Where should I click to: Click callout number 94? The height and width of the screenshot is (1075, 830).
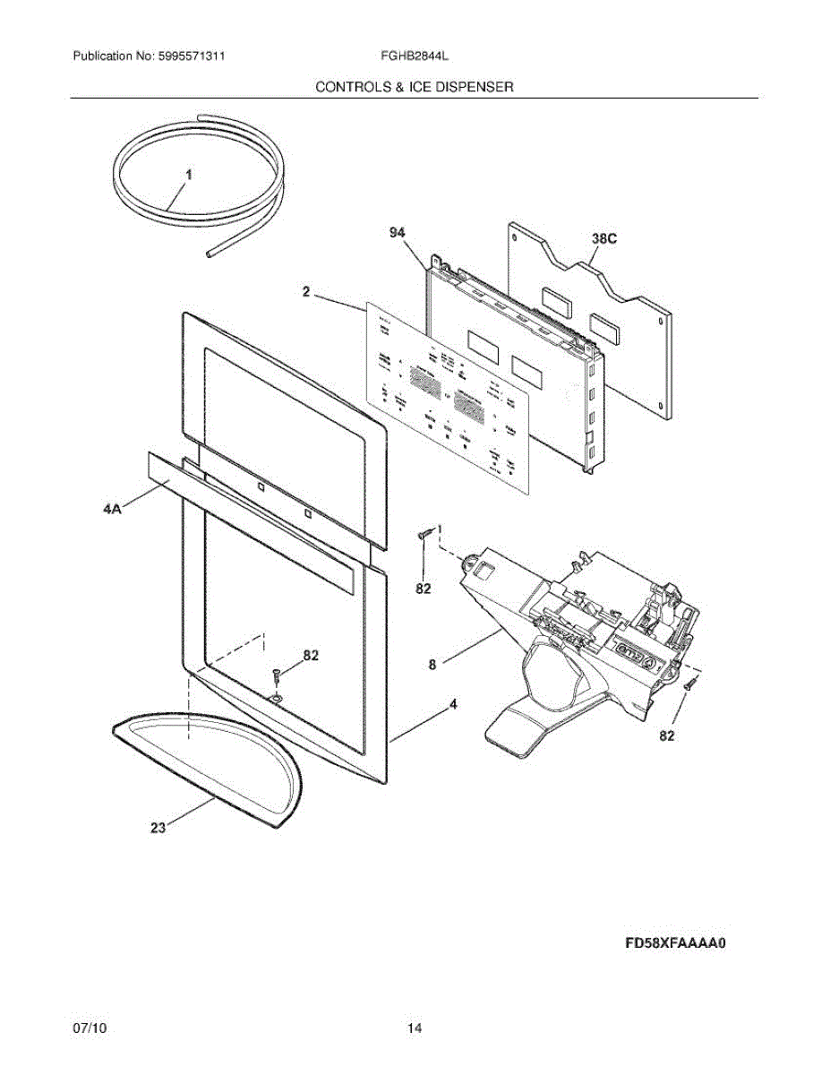[x=398, y=232]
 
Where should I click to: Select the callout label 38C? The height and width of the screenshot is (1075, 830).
[x=604, y=239]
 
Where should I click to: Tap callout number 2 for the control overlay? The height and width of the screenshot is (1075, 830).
[x=306, y=292]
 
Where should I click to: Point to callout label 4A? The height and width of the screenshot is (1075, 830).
[x=112, y=509]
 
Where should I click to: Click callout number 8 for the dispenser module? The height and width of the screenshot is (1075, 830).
[x=432, y=665]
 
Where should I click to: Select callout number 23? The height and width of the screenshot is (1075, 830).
[x=158, y=829]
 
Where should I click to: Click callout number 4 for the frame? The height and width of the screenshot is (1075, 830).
[x=453, y=705]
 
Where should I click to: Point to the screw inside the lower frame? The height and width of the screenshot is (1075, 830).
[x=277, y=673]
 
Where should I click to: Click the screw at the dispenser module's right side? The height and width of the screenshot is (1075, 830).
[x=690, y=685]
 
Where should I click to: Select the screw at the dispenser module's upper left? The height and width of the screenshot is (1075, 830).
[x=426, y=535]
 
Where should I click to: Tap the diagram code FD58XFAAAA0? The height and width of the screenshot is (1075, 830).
[x=674, y=943]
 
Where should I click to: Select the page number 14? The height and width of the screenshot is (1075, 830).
[x=415, y=1028]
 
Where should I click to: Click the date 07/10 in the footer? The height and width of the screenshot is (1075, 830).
[x=90, y=1028]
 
